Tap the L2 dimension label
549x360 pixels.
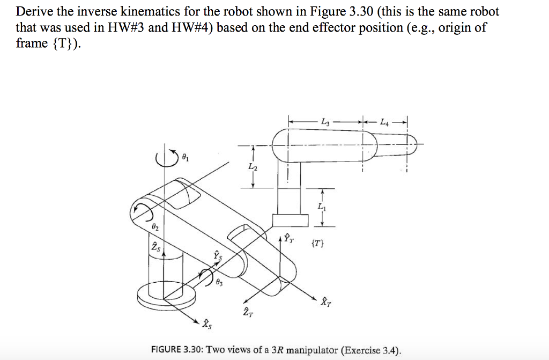(x=253, y=167)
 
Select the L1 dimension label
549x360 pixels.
(x=321, y=207)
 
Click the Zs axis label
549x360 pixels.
(x=155, y=247)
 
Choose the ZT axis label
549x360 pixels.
(x=246, y=312)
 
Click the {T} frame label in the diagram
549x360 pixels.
(x=317, y=244)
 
